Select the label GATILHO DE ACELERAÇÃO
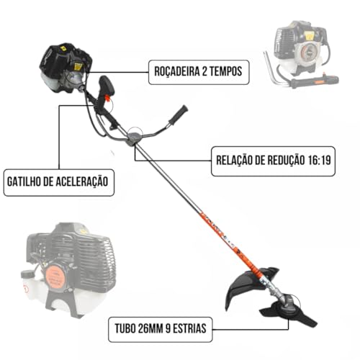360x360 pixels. [x=59, y=181]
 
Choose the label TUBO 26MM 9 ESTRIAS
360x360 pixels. [x=159, y=330]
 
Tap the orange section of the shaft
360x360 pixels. [x=223, y=238]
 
